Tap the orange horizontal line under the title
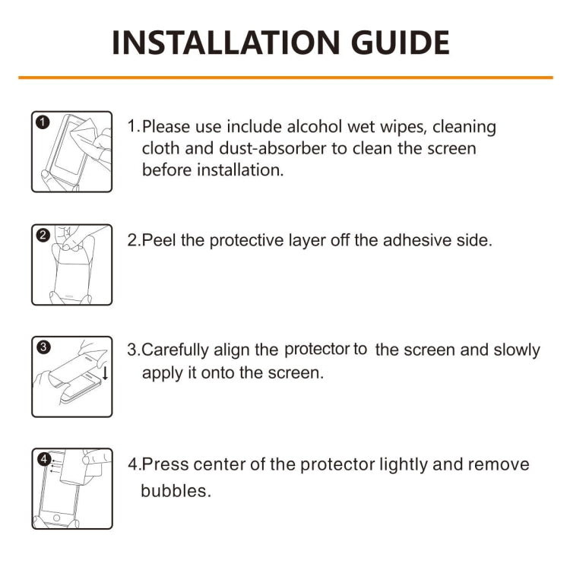pyautogui.click(x=285, y=78)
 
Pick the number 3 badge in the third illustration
pyautogui.click(x=43, y=347)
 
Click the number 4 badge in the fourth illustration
pyautogui.click(x=43, y=459)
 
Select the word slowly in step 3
pyautogui.click(x=514, y=350)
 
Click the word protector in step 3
pyautogui.click(x=317, y=350)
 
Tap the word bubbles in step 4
pyautogui.click(x=174, y=491)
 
